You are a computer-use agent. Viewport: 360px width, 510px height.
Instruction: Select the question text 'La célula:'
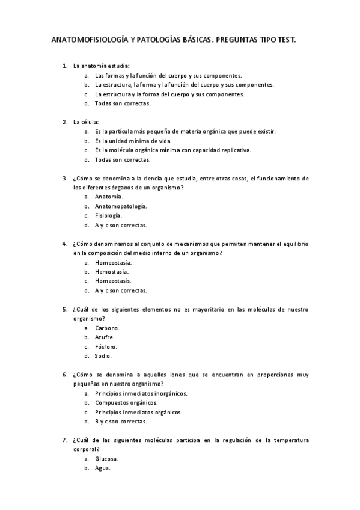click(86, 121)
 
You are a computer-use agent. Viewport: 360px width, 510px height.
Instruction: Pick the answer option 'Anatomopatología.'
click(121, 206)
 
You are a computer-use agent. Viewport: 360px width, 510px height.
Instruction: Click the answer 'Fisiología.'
click(109, 215)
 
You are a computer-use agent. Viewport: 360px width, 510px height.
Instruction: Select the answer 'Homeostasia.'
click(114, 262)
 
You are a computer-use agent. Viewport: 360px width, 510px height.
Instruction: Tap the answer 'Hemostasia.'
click(112, 272)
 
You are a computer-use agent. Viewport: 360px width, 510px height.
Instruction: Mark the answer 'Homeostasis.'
click(113, 281)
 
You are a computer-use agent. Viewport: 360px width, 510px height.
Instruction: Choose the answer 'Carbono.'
click(108, 328)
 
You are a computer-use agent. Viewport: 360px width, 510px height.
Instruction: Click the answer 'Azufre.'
click(105, 337)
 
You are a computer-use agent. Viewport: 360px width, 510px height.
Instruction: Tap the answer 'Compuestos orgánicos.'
click(126, 403)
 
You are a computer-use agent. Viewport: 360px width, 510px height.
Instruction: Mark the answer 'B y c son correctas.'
click(121, 422)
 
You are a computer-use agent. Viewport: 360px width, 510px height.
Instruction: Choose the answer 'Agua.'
click(103, 469)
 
